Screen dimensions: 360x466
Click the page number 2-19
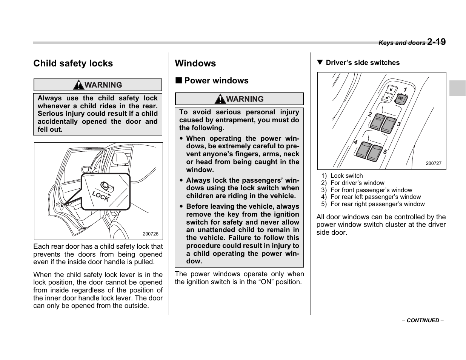(x=437, y=42)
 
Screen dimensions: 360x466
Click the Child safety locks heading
(x=73, y=63)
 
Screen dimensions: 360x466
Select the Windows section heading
(x=195, y=63)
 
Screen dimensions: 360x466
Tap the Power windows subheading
(x=216, y=81)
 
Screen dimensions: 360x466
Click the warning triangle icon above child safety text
(x=78, y=85)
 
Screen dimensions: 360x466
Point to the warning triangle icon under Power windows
(x=220, y=99)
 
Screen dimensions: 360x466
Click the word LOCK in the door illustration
(x=101, y=196)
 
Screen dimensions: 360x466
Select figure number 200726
(x=150, y=234)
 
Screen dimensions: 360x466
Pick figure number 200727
(x=433, y=164)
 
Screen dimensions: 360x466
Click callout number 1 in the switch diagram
(x=405, y=90)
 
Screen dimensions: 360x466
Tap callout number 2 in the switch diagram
(x=370, y=114)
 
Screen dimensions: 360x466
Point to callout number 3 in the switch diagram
(x=398, y=124)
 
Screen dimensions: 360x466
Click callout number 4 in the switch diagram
(x=355, y=142)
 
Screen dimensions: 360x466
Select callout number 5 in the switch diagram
(x=385, y=152)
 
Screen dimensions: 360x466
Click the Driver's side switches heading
(x=362, y=63)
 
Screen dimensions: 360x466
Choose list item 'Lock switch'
(x=346, y=176)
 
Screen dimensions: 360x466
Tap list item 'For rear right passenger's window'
(x=377, y=204)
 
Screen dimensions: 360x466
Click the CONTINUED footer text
(x=423, y=320)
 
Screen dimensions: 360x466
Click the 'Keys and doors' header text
(x=401, y=43)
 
